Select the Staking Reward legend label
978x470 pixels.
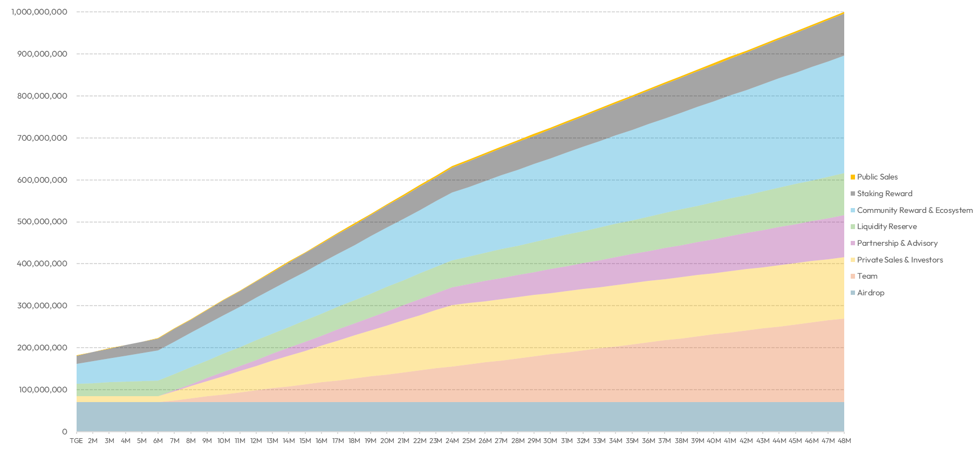[885, 193]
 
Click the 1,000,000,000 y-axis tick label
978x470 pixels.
[39, 12]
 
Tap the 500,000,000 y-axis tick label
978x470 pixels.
[42, 222]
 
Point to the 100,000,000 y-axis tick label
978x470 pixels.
[42, 390]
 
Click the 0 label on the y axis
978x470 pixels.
[65, 432]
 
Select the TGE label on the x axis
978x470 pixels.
[76, 441]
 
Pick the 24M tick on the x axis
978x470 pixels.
[452, 441]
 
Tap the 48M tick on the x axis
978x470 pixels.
[844, 441]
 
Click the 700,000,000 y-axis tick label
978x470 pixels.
[42, 138]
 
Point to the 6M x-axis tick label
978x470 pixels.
[158, 441]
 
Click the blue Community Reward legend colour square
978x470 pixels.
[853, 210]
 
